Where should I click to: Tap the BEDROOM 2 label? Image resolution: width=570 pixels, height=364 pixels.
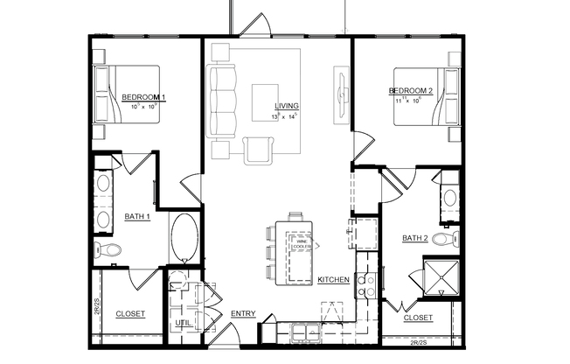pyautogui.click(x=411, y=90)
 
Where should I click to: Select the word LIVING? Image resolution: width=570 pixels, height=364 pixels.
pyautogui.click(x=287, y=106)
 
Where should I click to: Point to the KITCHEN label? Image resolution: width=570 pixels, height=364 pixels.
pyautogui.click(x=333, y=280)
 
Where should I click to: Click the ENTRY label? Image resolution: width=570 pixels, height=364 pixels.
pyautogui.click(x=242, y=314)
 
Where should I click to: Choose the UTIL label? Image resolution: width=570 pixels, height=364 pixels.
pyautogui.click(x=183, y=323)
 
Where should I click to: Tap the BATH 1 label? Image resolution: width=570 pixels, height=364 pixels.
pyautogui.click(x=137, y=216)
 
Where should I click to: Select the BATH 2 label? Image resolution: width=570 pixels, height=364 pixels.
pyautogui.click(x=415, y=237)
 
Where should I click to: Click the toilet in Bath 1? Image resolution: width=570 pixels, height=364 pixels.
pyautogui.click(x=109, y=251)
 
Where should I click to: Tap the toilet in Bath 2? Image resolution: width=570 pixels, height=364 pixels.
pyautogui.click(x=445, y=238)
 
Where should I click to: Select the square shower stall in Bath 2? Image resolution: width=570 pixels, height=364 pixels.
pyautogui.click(x=441, y=278)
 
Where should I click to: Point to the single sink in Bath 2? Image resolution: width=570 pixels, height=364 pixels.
pyautogui.click(x=449, y=197)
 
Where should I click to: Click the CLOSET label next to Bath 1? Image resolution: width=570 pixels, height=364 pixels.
pyautogui.click(x=130, y=314)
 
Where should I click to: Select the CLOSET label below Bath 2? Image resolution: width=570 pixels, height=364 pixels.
pyautogui.click(x=418, y=318)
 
